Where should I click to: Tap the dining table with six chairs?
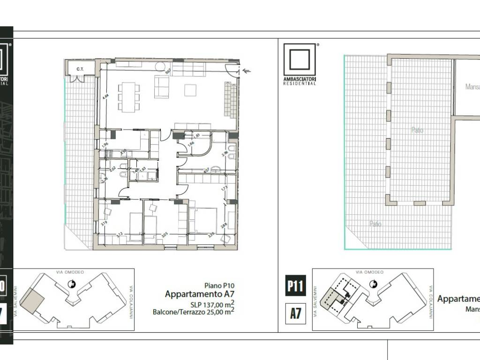(x=129, y=97)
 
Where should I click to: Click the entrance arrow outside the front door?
(x=247, y=71)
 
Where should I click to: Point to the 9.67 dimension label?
(x=167, y=72)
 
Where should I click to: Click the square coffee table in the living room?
(x=190, y=90)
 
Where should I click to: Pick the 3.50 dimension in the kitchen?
(x=123, y=151)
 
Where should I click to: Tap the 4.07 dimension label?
(x=206, y=170)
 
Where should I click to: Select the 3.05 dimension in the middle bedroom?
(x=165, y=234)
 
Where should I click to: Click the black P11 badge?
(x=295, y=285)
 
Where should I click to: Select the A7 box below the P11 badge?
(x=295, y=313)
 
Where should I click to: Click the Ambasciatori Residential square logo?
(x=300, y=61)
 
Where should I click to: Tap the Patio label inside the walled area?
(x=417, y=130)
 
